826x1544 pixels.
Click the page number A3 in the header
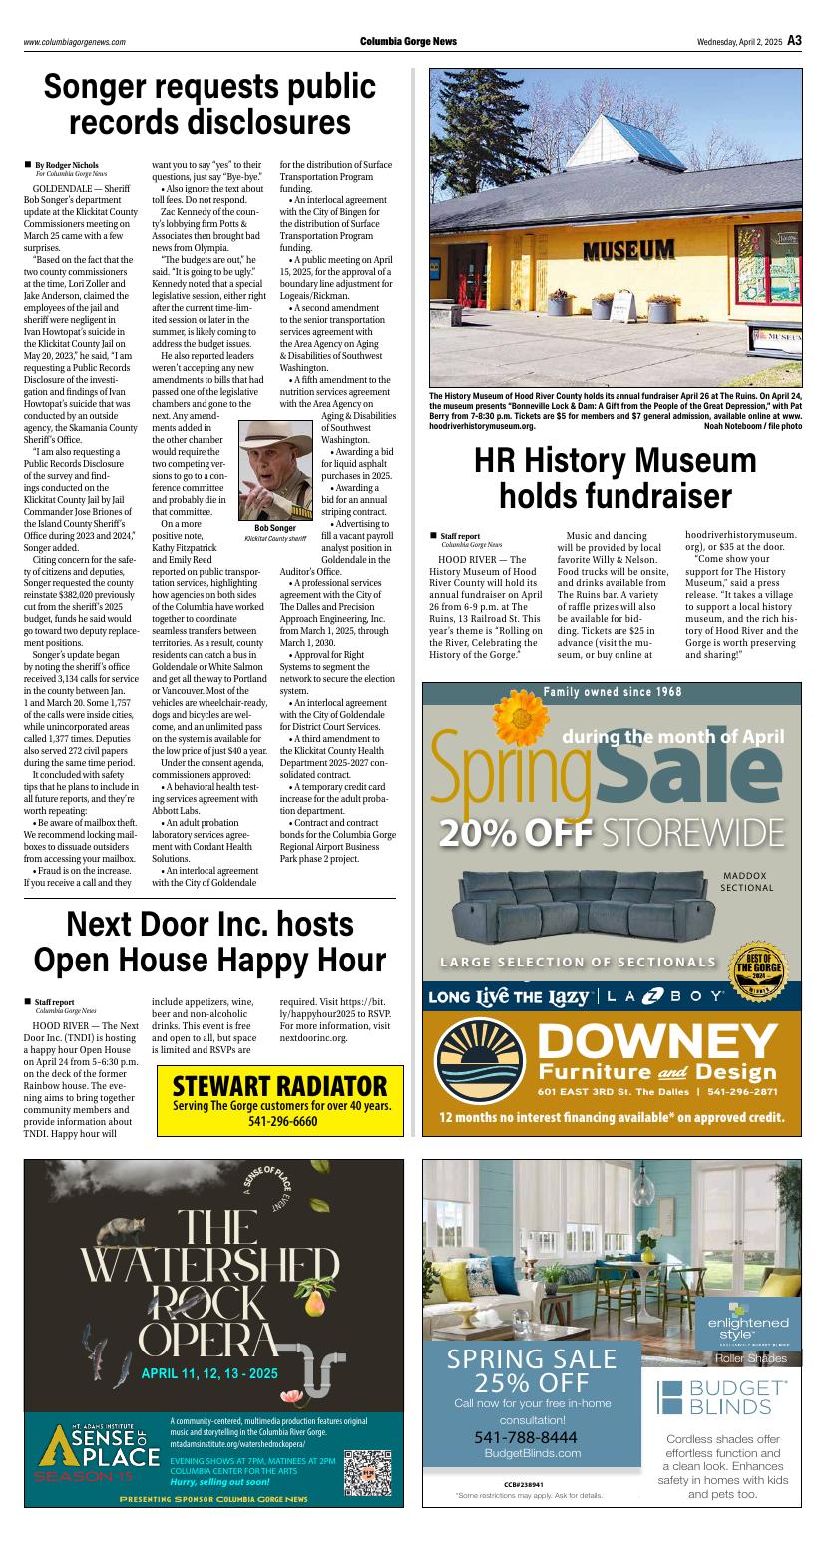point(794,41)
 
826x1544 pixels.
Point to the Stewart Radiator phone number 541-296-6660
point(280,1121)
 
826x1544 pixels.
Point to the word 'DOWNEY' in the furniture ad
point(656,1042)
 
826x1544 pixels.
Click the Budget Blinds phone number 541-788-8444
point(525,1437)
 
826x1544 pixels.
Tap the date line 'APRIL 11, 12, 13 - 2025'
point(209,1373)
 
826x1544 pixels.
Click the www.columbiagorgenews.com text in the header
point(75,42)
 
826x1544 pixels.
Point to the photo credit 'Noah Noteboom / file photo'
point(752,426)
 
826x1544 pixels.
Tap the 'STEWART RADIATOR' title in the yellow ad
point(279,1085)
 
